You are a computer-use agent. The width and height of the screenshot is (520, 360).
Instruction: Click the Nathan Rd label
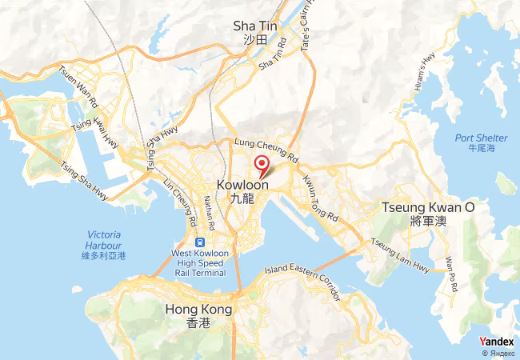point(210,210)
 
